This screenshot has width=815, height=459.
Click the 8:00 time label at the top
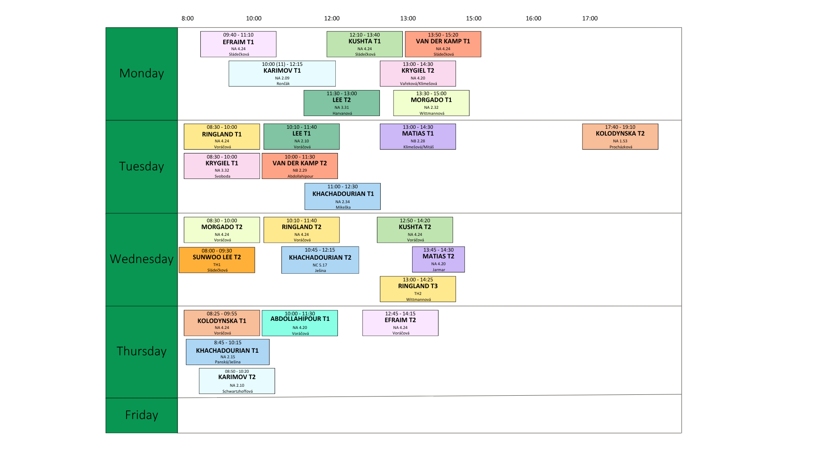click(x=188, y=18)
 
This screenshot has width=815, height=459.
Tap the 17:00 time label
click(x=590, y=18)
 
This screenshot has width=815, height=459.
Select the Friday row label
click(x=141, y=415)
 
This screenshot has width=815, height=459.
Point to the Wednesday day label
click(x=141, y=259)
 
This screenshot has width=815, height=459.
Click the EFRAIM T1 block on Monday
click(x=238, y=44)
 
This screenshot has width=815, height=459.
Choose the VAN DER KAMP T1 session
click(x=443, y=44)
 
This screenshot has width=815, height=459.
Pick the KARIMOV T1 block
click(x=282, y=74)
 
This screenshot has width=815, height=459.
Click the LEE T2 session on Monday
click(x=341, y=103)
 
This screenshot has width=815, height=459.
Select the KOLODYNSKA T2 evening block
click(x=620, y=136)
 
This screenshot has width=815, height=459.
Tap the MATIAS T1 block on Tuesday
click(x=418, y=136)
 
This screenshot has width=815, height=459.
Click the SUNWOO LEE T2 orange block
click(x=216, y=260)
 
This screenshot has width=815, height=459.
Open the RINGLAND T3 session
click(x=418, y=289)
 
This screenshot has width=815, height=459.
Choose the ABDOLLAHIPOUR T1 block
click(x=300, y=323)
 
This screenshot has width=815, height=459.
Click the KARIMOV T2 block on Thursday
click(x=237, y=381)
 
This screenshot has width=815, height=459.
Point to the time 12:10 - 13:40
click(x=365, y=35)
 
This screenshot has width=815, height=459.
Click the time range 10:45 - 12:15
click(x=320, y=250)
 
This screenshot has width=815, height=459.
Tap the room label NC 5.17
click(x=320, y=265)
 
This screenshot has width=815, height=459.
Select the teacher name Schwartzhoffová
click(x=237, y=391)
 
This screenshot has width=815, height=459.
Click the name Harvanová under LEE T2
click(x=342, y=113)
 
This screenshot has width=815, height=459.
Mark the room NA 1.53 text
click(x=620, y=141)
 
